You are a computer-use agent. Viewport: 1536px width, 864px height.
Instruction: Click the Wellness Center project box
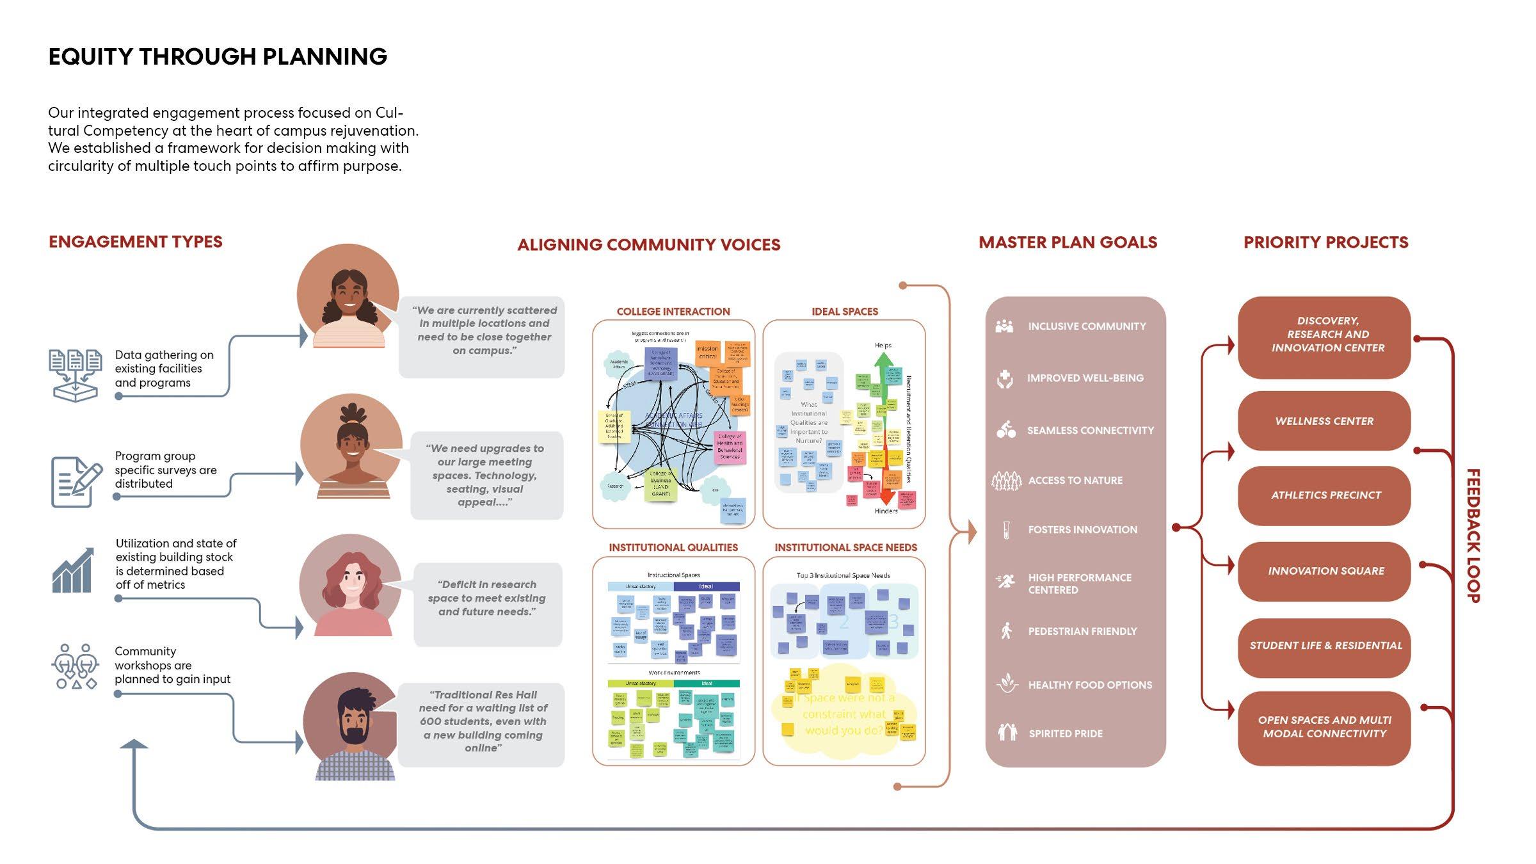tap(1324, 421)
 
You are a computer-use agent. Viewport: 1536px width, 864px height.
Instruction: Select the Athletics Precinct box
tap(1324, 495)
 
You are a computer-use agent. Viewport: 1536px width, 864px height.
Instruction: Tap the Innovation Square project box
tap(1324, 571)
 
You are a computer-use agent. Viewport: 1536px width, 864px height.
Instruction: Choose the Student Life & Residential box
tap(1324, 646)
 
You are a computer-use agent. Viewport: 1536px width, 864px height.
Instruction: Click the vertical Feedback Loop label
tap(1473, 536)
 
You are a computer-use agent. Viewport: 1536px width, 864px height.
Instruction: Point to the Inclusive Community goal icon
tap(1005, 326)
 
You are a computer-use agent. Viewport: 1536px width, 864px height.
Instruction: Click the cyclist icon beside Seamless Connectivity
tap(1005, 429)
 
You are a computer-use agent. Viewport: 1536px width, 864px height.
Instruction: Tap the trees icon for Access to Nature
tap(1006, 480)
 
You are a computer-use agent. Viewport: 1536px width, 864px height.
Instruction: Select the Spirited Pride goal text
tap(1066, 733)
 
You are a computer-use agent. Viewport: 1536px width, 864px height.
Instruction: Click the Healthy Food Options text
tap(1090, 685)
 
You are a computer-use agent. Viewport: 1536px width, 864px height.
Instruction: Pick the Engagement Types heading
tap(136, 242)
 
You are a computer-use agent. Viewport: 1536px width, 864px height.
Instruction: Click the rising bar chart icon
tap(73, 570)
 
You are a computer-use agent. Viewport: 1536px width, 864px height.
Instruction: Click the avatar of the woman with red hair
tap(351, 586)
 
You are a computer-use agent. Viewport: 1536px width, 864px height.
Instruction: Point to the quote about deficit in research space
tap(487, 598)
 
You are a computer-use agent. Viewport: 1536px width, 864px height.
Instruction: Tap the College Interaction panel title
tap(673, 312)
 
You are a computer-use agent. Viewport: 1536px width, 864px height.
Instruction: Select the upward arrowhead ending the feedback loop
tap(134, 744)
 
